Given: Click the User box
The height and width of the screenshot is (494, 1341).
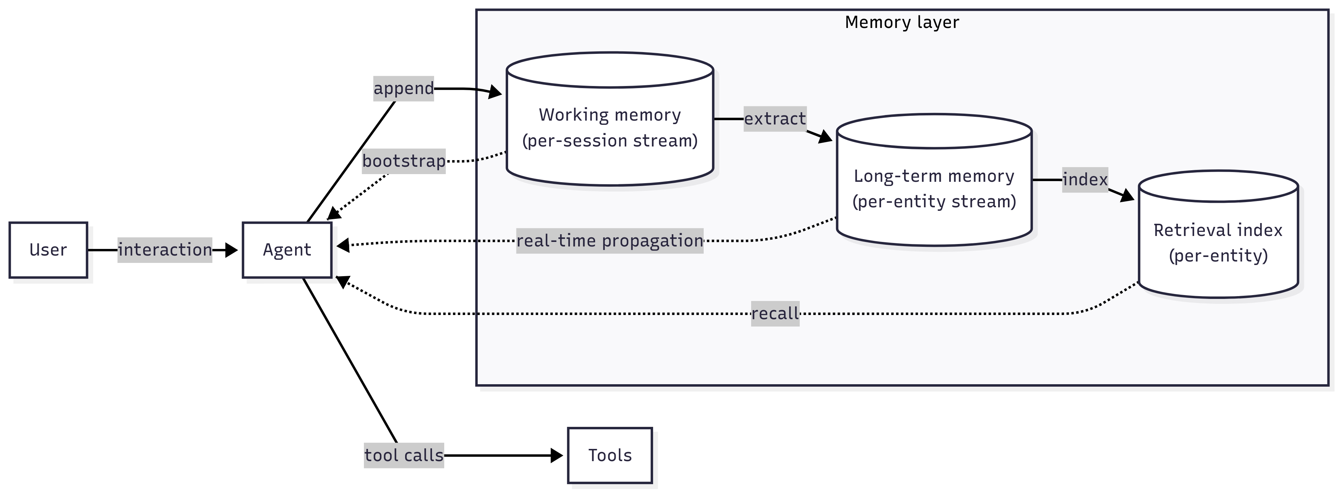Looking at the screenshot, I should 48,250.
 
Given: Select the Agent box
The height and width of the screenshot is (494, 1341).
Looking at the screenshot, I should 287,250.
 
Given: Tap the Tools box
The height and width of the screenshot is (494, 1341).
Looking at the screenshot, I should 610,456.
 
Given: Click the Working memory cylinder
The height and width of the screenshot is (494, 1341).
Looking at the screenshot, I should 610,128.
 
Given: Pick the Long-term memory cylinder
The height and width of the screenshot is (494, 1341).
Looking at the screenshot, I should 934,189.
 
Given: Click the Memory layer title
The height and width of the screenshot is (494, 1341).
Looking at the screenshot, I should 902,22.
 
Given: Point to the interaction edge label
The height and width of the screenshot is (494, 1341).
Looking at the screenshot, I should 164,250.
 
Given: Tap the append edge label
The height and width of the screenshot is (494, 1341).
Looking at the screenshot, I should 403,88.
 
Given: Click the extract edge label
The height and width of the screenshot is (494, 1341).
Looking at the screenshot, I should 775,119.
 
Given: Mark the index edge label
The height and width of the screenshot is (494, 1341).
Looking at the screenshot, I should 1085,180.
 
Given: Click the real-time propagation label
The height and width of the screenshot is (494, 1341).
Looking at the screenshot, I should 610,241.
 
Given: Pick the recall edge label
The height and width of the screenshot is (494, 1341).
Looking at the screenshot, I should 775,314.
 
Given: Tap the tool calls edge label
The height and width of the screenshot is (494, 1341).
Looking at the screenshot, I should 403,456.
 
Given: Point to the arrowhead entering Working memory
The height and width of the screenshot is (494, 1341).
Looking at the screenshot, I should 496,93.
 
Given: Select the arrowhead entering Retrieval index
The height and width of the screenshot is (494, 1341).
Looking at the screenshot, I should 1128,196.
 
